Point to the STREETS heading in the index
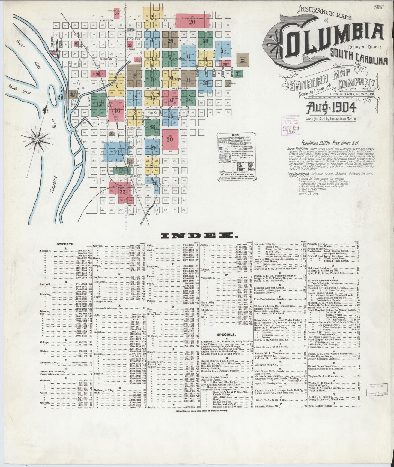pyautogui.click(x=64, y=244)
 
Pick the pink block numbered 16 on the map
pyautogui.click(x=117, y=111)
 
